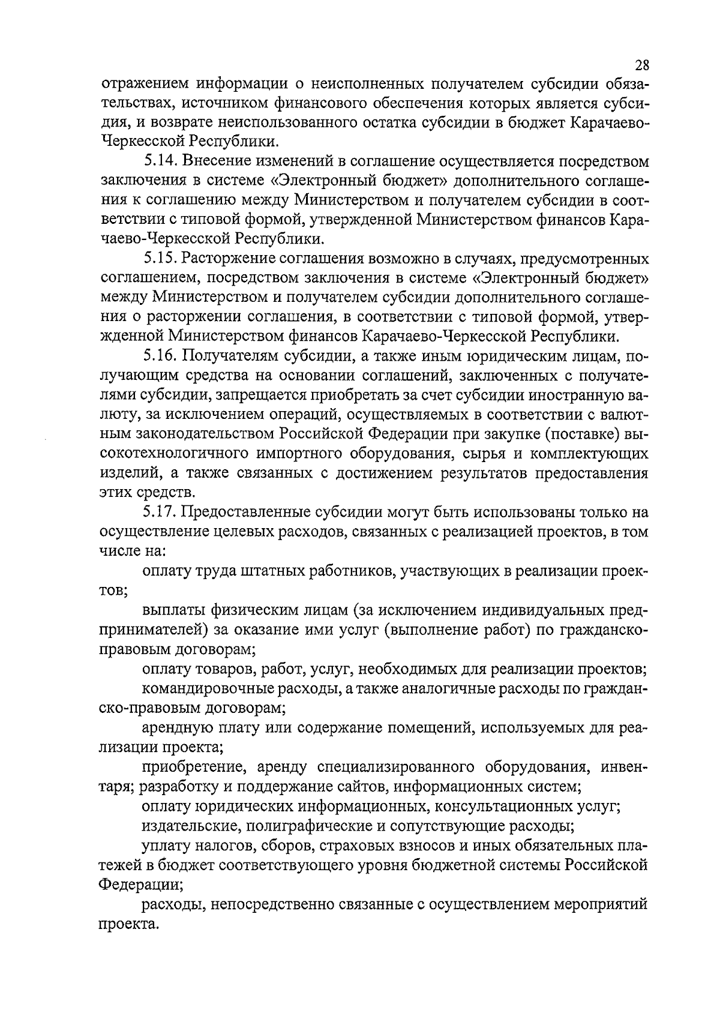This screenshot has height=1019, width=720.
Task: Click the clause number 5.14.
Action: point(160,161)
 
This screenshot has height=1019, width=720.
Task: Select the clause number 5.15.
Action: point(160,259)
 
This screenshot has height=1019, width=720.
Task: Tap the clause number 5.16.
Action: point(160,356)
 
